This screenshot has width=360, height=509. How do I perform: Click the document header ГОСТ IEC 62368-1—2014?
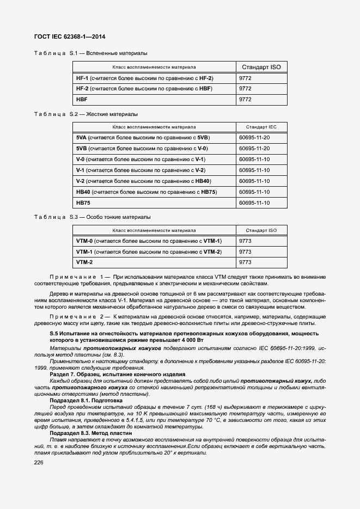69,37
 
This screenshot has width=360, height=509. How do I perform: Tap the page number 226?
39,462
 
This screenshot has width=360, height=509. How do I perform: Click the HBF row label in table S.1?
82,100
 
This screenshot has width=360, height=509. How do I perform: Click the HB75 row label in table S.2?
83,203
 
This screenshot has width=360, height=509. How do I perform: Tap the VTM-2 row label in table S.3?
84,262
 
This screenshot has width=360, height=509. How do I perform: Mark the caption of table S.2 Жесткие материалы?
86,114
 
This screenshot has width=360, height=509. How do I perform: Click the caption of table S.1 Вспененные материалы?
90,53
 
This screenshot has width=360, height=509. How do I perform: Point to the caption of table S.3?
92,217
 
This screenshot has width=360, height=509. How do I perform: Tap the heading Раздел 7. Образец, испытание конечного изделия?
117,374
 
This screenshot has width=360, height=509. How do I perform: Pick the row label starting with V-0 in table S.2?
141,159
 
